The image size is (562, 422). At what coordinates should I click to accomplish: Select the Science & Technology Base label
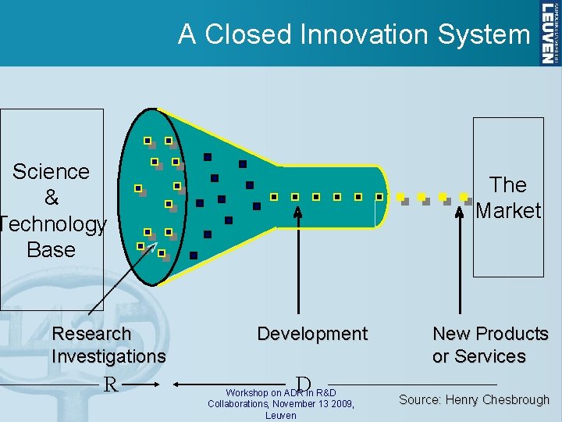(52, 210)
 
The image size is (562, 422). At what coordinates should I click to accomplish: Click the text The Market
(508, 198)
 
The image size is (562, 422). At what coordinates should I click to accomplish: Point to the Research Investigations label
(108, 345)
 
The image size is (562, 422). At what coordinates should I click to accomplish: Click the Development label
(312, 334)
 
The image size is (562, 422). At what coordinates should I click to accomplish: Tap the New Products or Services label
(490, 345)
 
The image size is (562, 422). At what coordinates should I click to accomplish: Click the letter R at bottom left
(111, 384)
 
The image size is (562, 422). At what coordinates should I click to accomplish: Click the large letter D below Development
(304, 384)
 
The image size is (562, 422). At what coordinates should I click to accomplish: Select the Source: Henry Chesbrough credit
(474, 400)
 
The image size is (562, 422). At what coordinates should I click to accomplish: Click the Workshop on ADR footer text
(281, 403)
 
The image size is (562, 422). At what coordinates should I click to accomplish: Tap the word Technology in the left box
(53, 224)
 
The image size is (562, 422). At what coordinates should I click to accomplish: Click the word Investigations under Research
(108, 356)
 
